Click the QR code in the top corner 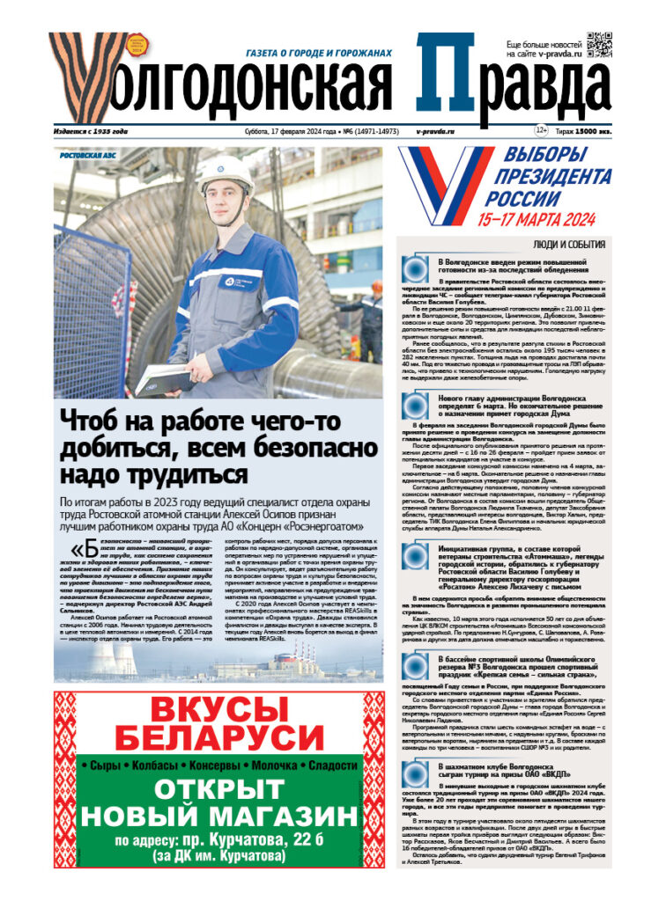(x=599, y=43)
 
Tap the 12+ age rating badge (x=541, y=131)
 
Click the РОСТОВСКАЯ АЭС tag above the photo (x=87, y=155)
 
